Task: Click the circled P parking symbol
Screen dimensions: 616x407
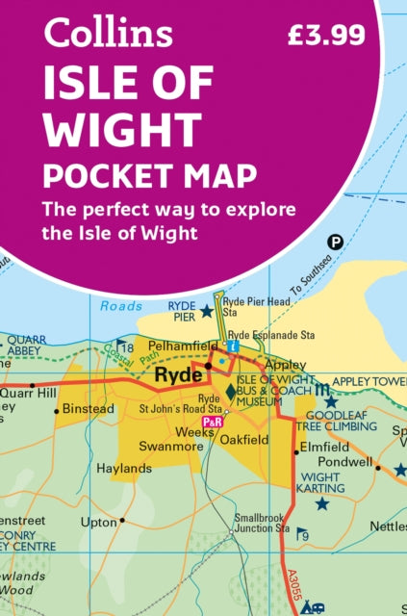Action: pos(335,244)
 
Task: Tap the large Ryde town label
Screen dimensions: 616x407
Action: pos(180,374)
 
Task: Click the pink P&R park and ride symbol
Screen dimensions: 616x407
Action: pos(211,423)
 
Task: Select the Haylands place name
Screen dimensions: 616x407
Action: pos(124,469)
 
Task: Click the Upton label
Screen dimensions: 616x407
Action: pos(98,521)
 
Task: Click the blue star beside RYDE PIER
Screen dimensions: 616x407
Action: pos(205,310)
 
